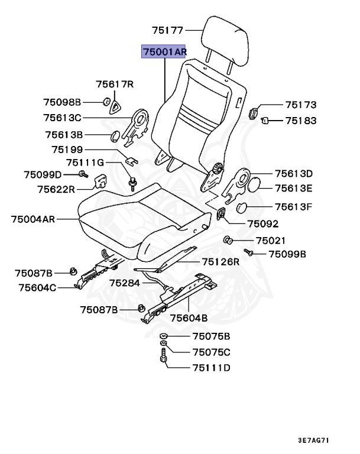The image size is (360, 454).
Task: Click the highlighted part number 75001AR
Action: click(x=164, y=52)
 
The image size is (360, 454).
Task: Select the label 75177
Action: click(x=168, y=29)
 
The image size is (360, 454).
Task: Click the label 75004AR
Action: click(x=33, y=219)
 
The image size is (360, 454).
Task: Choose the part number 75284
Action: click(x=125, y=283)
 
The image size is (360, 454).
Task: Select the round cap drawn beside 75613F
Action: click(x=244, y=207)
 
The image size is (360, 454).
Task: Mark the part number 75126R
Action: click(x=220, y=261)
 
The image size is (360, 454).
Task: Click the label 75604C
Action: click(x=37, y=288)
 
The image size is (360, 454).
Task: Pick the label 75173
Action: click(x=300, y=105)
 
